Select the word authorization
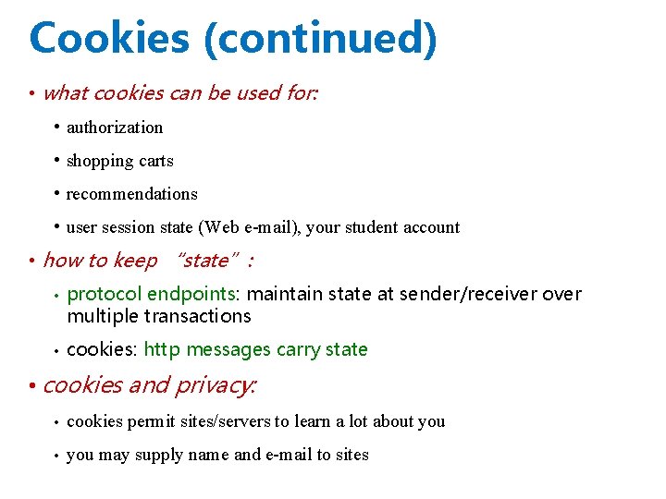(115, 128)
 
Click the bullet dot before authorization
(57, 127)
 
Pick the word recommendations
(132, 194)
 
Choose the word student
(381, 227)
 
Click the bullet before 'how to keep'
(31, 262)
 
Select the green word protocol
(105, 295)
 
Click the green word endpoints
(192, 295)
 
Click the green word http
(162, 349)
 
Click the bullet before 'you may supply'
(57, 456)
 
